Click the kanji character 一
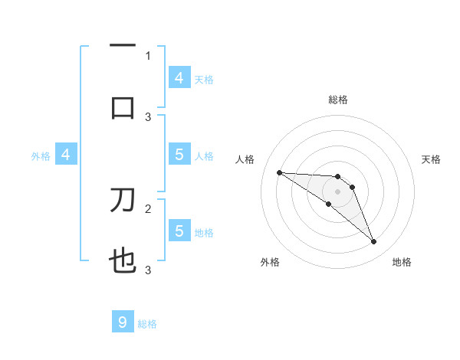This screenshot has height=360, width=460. [123, 46]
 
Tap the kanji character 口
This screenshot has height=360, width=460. [123, 107]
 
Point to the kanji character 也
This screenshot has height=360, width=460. [123, 263]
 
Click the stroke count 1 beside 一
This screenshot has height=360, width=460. [149, 55]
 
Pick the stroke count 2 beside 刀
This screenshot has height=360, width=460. [149, 208]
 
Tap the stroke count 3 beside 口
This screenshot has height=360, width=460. [149, 116]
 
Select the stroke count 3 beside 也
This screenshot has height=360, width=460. [149, 270]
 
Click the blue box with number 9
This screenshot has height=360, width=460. [123, 322]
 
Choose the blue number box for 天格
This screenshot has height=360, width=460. [179, 77]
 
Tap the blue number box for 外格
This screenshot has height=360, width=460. [66, 155]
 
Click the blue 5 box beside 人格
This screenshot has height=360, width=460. [179, 155]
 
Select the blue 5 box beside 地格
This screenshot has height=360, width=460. [179, 231]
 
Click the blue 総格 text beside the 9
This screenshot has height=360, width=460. [147, 324]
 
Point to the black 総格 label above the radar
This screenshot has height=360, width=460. [337, 100]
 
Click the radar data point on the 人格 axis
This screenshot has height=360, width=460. [279, 172]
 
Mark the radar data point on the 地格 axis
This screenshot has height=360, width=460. [374, 242]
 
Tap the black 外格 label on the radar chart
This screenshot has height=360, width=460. [270, 262]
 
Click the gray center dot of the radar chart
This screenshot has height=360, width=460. [337, 191]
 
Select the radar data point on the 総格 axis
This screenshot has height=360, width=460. [337, 176]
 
